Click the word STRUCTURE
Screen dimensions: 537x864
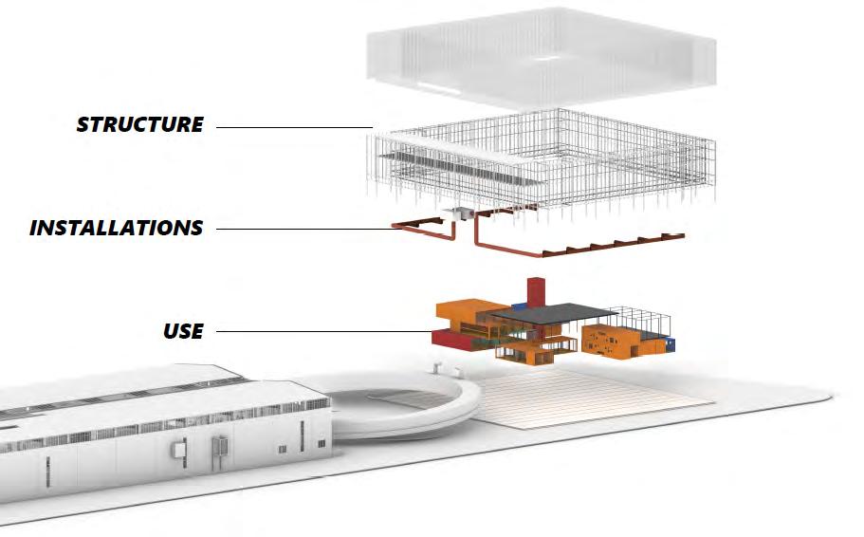click(x=139, y=124)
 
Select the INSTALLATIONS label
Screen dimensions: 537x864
click(x=116, y=228)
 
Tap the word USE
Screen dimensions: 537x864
click(x=183, y=331)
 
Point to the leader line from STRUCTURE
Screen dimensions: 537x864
click(x=294, y=126)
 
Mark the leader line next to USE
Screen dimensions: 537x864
click(x=322, y=331)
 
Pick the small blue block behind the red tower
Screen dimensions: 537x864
click(x=519, y=306)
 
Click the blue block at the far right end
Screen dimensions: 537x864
click(x=670, y=344)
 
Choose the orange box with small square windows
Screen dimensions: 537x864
click(x=616, y=343)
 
